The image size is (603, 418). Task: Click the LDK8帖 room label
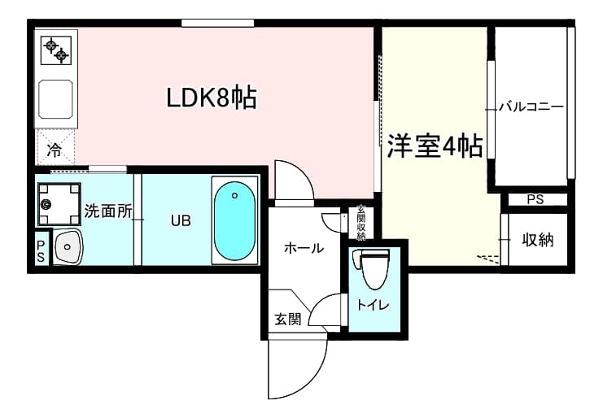212,98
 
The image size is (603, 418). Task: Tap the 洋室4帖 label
434,146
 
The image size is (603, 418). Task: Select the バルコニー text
531,107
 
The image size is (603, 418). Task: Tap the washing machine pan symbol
55,204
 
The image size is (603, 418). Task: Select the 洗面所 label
108,211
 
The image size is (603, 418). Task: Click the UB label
181,220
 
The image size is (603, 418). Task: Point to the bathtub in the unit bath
234,219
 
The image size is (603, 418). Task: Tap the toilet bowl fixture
374,269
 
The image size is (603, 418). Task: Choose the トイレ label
374,305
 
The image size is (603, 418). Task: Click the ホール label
303,248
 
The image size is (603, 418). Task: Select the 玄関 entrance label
286,319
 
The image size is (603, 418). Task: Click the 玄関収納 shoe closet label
360,223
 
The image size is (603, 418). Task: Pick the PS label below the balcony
534,199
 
